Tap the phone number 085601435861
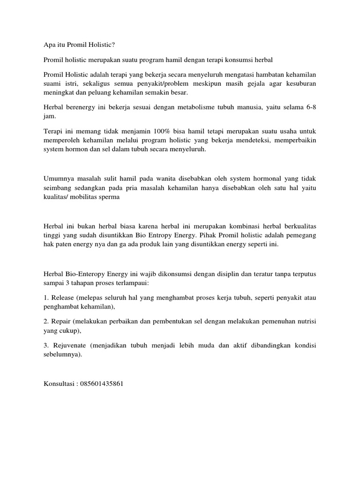point(101,383)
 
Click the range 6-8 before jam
point(310,107)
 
